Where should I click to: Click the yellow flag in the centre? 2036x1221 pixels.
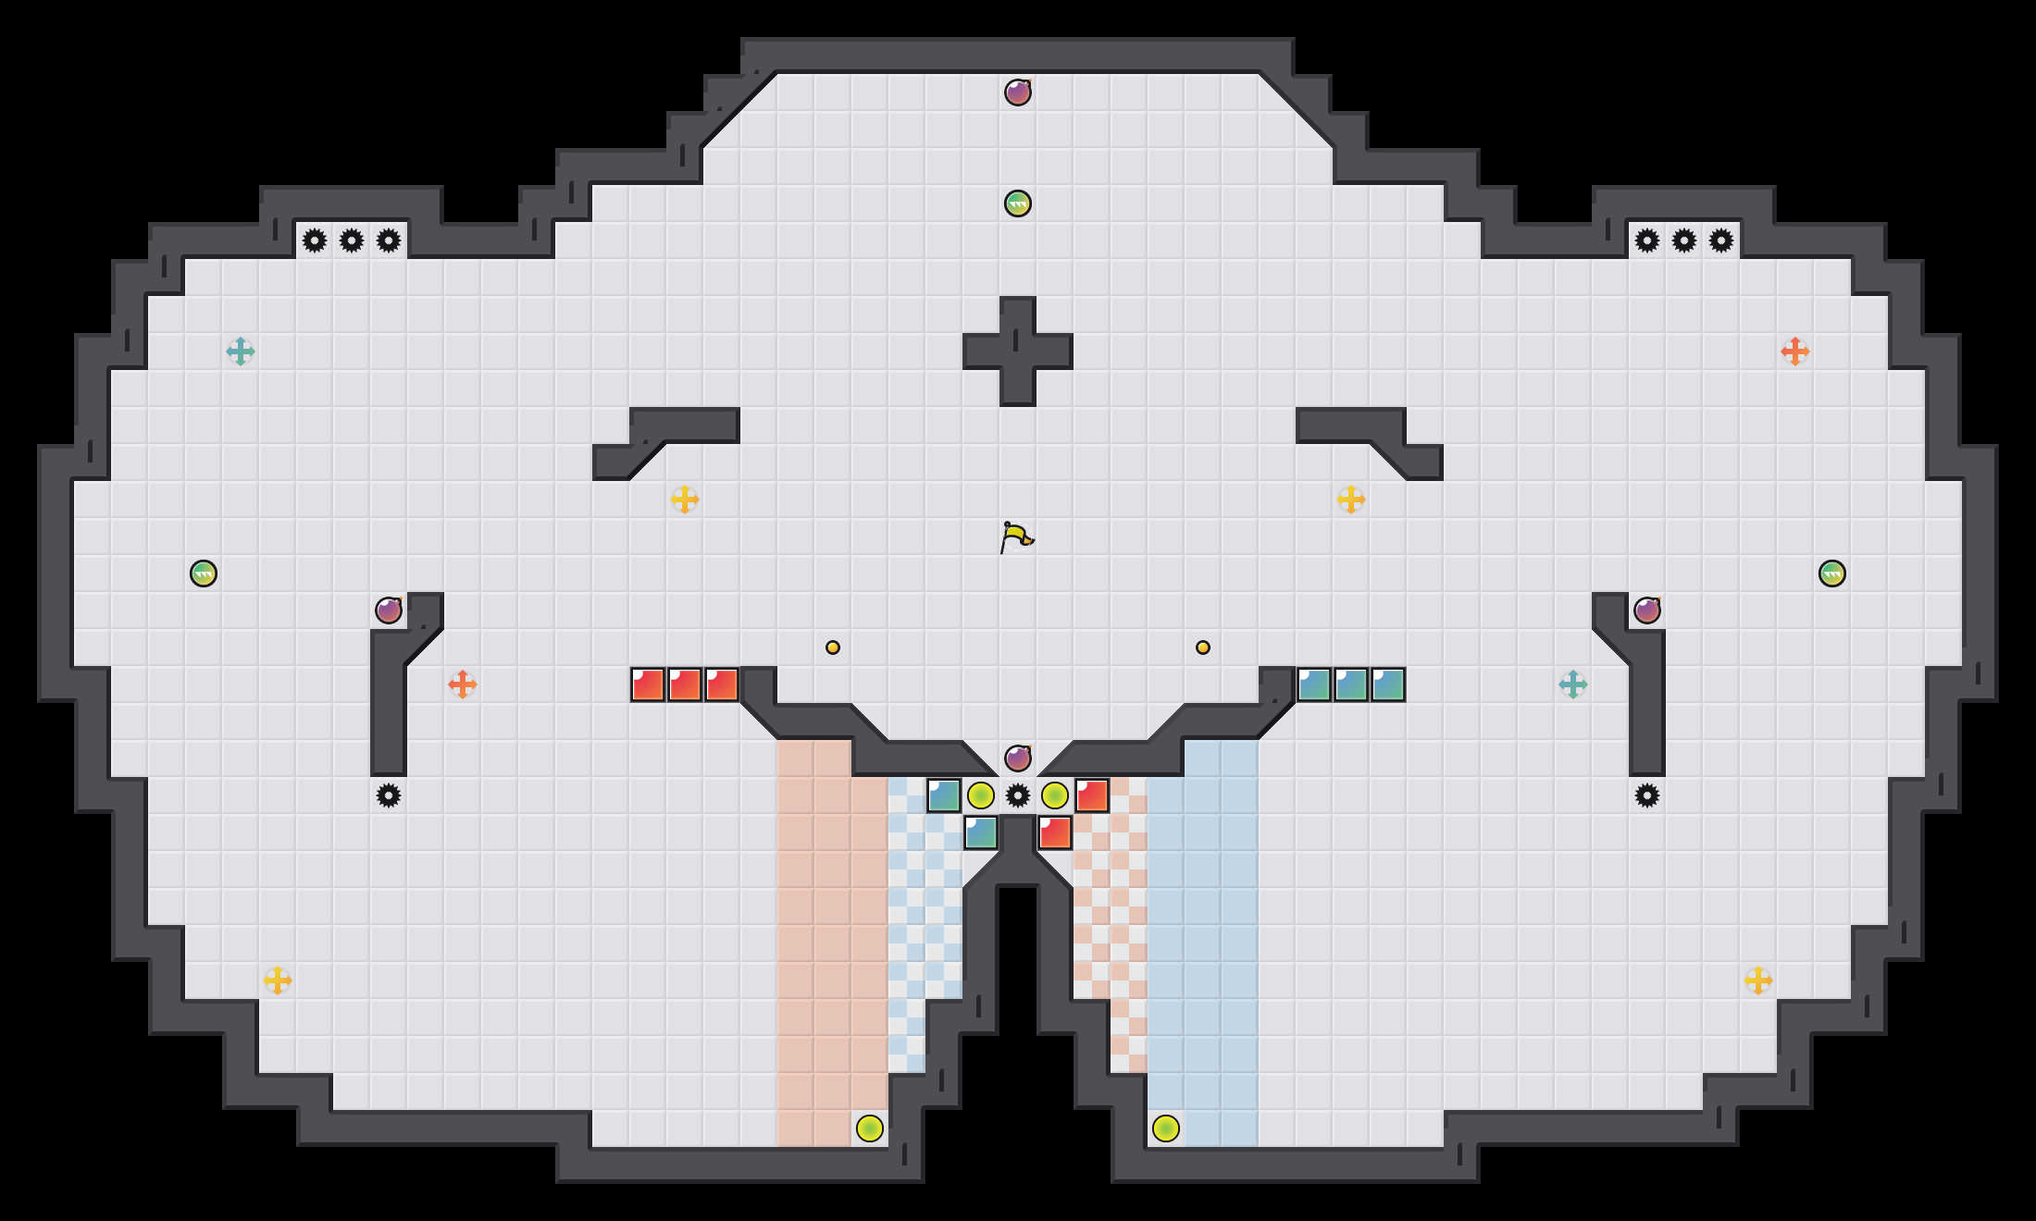[x=1016, y=536]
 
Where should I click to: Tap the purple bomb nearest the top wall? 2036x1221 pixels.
[x=1018, y=92]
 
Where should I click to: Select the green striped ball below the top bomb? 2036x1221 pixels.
[x=1018, y=203]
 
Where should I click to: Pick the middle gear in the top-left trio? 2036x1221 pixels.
[x=352, y=240]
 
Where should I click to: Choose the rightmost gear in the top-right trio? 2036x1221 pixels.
[x=1721, y=240]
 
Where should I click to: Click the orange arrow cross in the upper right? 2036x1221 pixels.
[x=1795, y=351]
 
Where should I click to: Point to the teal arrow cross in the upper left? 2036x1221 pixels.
[x=241, y=351]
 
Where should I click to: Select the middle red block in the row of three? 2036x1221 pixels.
[x=685, y=684]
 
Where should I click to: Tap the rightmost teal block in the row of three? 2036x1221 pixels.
[x=1388, y=684]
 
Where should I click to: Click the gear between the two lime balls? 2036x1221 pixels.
[x=1018, y=795]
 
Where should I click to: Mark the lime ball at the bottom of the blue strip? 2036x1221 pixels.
[x=1166, y=1128]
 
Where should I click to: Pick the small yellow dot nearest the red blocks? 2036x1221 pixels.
[x=833, y=647]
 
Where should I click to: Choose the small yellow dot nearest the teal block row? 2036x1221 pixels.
[x=1203, y=647]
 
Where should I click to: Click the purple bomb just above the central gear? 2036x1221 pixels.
[x=1018, y=758]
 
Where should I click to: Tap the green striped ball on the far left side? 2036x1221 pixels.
[x=204, y=573]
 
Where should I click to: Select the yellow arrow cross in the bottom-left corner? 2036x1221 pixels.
[x=278, y=980]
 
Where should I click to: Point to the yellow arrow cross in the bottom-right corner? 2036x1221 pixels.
[x=1758, y=980]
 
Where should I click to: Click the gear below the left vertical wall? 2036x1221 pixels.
[x=389, y=795]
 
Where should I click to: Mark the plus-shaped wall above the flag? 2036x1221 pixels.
[x=1018, y=351]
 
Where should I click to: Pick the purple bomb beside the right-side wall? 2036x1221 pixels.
[x=1647, y=610]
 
